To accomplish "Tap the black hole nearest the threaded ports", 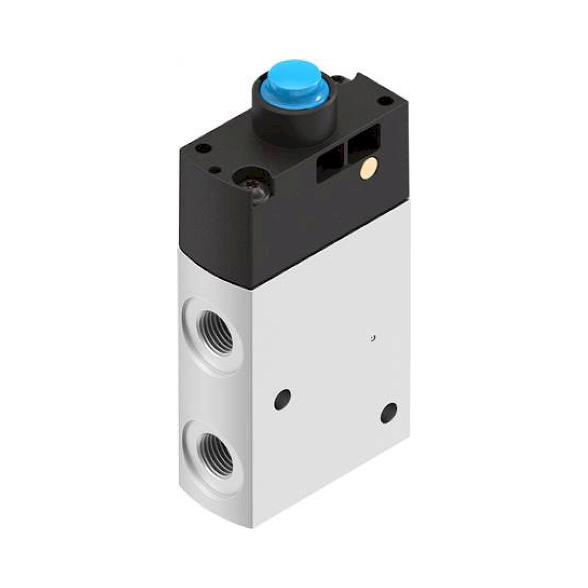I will (282, 399).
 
